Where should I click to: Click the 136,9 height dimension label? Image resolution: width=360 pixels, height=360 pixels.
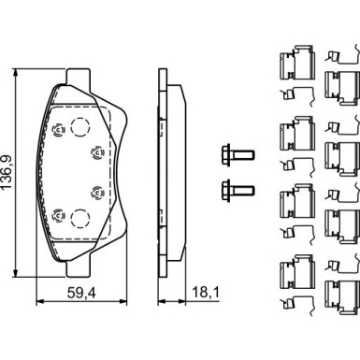(7, 172)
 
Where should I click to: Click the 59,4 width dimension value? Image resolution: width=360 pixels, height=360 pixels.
(81, 293)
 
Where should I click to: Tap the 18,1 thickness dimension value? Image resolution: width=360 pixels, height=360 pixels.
(206, 293)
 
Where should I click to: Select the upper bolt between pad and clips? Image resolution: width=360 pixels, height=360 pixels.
(238, 154)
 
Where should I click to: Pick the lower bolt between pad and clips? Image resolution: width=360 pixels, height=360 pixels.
(238, 190)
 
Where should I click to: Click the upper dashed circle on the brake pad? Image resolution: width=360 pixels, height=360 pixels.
(79, 126)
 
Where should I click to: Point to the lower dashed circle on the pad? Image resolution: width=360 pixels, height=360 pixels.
(79, 219)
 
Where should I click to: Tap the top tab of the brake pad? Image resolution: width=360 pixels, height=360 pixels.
(79, 77)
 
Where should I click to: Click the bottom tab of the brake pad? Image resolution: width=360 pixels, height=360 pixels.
(79, 268)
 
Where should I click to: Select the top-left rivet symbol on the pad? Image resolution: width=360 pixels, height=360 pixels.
(58, 129)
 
